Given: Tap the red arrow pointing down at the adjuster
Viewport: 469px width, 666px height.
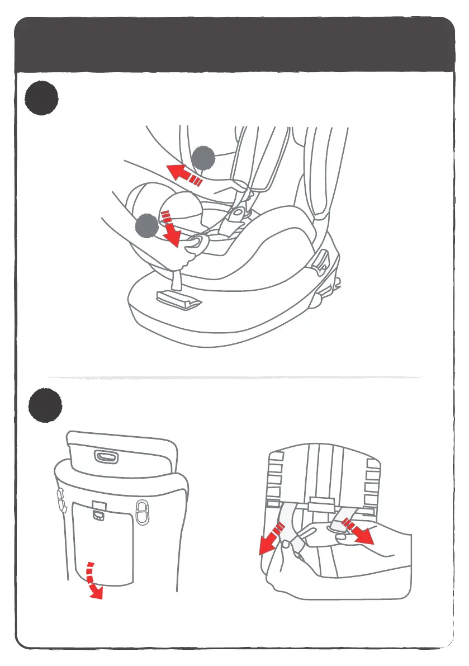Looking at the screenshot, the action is (170, 229).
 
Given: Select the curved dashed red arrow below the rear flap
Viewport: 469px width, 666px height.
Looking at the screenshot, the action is (93, 580).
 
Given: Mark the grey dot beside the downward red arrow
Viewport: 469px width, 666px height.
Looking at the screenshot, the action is (146, 225).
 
